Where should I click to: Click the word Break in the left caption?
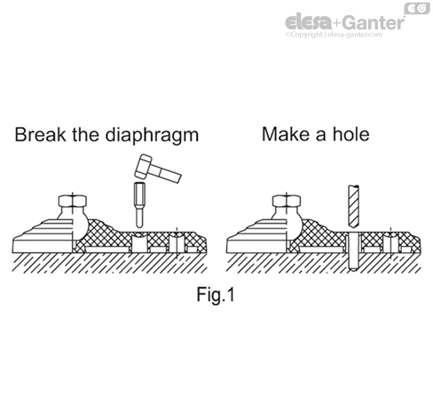pyautogui.click(x=41, y=135)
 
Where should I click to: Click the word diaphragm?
pyautogui.click(x=152, y=137)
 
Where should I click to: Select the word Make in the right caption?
pyautogui.click(x=287, y=134)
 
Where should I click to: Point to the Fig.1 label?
pyautogui.click(x=216, y=295)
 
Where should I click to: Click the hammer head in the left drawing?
pyautogui.click(x=143, y=166)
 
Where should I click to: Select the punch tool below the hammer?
pyautogui.click(x=139, y=205)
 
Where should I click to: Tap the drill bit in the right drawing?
pyautogui.click(x=354, y=206)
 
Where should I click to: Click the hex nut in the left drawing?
pyautogui.click(x=73, y=201)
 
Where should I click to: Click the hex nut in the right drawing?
pyautogui.click(x=287, y=201)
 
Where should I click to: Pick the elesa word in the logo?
pyautogui.click(x=309, y=22)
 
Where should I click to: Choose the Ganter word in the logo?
pyautogui.click(x=374, y=22)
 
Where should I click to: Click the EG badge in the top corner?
pyautogui.click(x=417, y=9)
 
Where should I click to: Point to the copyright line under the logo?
pyautogui.click(x=334, y=35)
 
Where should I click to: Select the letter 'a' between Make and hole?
pyautogui.click(x=321, y=137)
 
